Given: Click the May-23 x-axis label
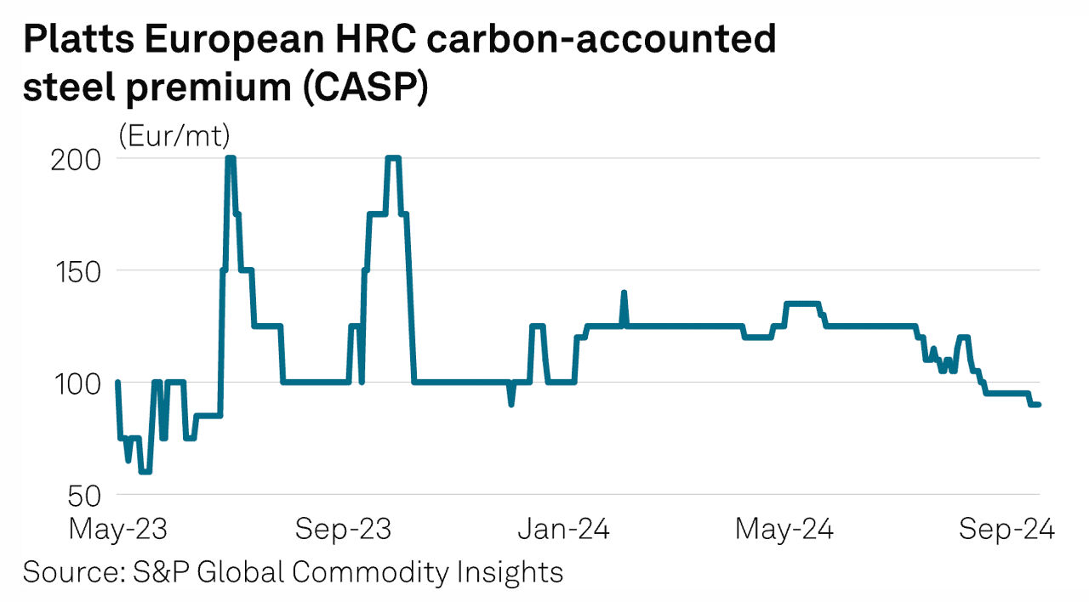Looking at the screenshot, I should coord(117,530).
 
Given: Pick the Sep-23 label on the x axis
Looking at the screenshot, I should coord(344,530).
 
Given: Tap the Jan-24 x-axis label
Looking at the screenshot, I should coord(564,530).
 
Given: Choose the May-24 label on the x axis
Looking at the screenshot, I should coord(784,530).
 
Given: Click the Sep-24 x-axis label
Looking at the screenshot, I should coord(1006,530).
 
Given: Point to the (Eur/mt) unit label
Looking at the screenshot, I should coord(175,135).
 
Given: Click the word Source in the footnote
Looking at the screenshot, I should coord(71,571).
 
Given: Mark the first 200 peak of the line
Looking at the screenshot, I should coord(230,158).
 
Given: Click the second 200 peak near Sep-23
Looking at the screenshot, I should coord(393,158).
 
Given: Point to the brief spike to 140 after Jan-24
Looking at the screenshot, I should coord(624,293).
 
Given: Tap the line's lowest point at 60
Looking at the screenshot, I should coord(145,472).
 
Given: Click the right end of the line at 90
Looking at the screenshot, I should coord(1038,405).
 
